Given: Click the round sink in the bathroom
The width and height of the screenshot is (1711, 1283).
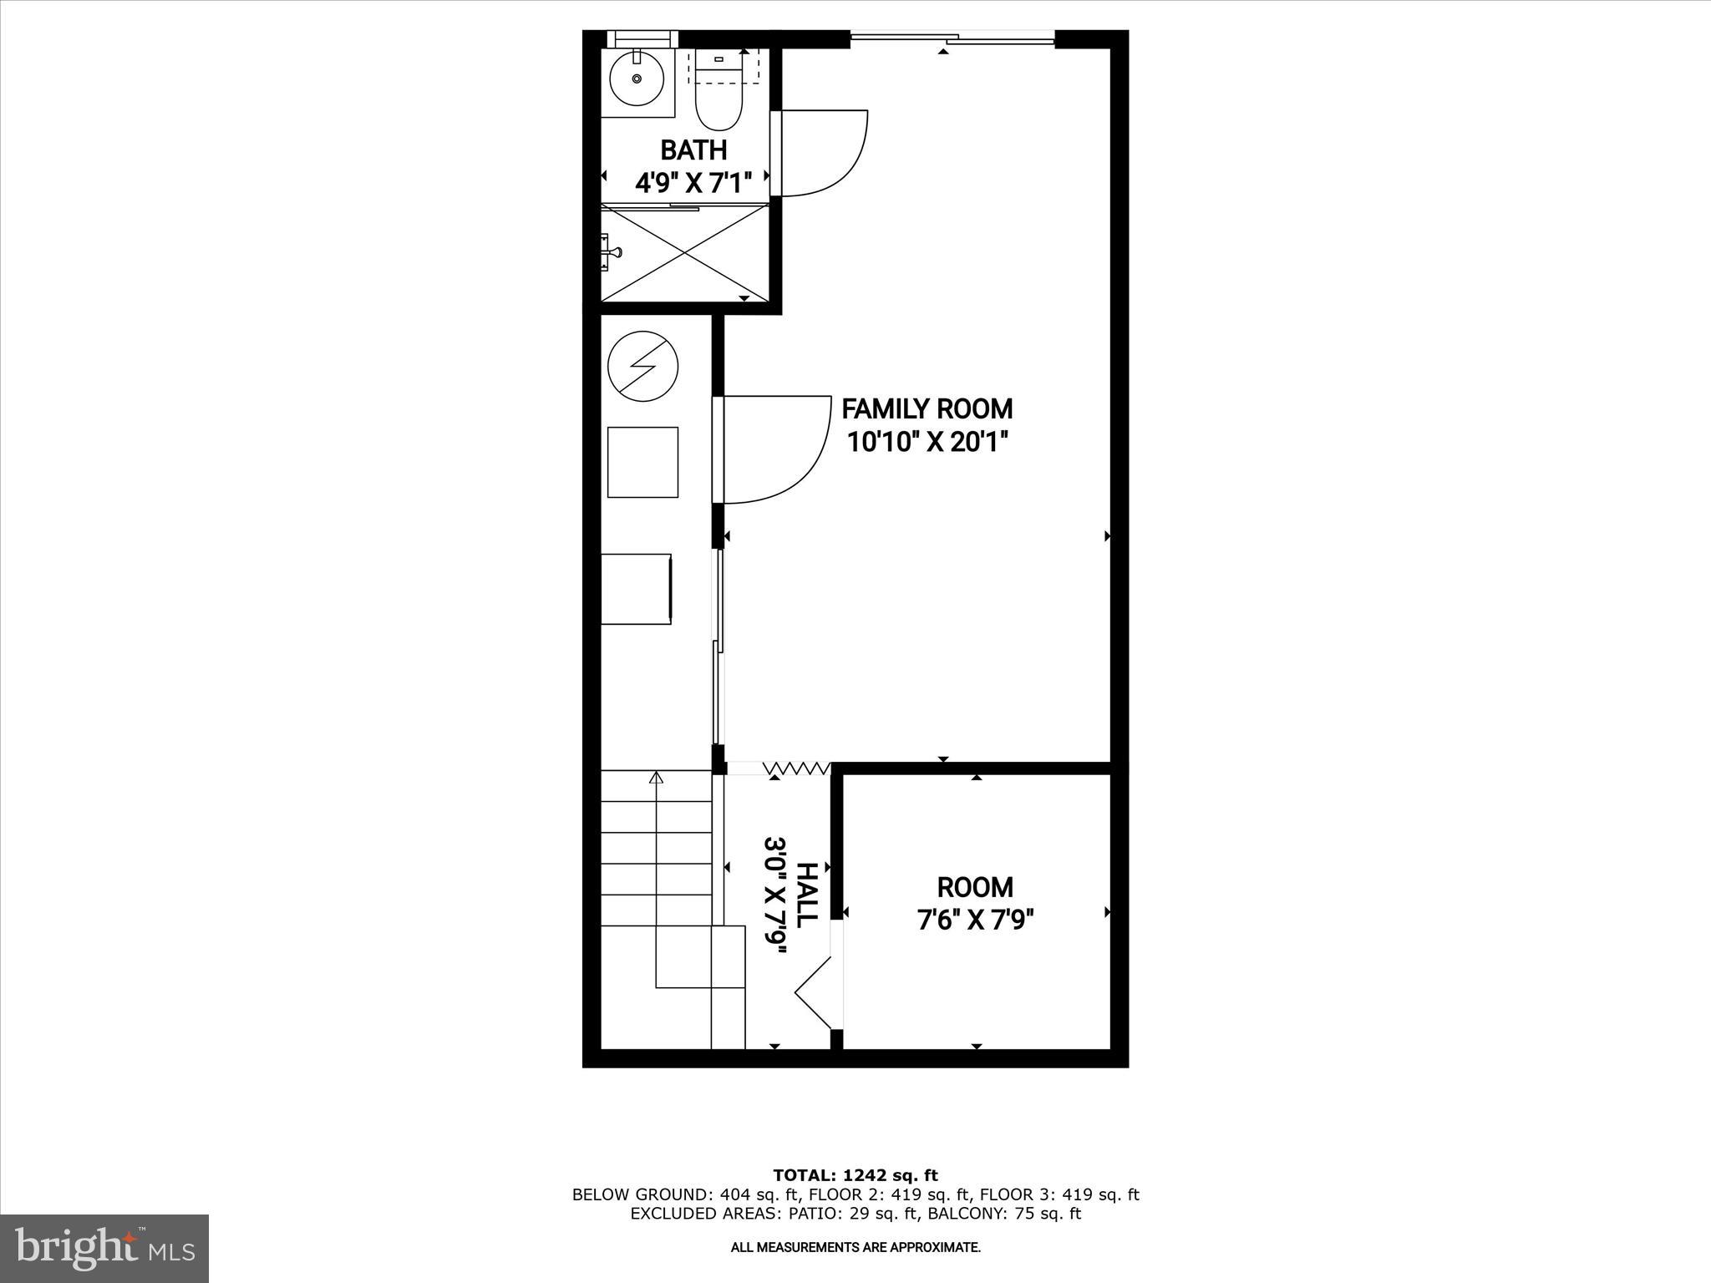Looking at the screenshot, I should [x=637, y=79].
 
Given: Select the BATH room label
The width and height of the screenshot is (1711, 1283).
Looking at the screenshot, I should [x=693, y=150].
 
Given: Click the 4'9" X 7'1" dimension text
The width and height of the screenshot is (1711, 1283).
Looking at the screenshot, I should [x=693, y=182].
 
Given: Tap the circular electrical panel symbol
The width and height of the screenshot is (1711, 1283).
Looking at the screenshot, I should [x=642, y=366].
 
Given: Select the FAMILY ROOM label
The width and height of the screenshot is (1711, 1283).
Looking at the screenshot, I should [x=927, y=409].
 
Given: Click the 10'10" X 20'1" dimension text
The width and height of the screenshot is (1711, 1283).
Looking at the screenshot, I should [x=927, y=442].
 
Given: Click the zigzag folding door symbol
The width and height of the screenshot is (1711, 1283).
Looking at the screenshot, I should [x=797, y=768].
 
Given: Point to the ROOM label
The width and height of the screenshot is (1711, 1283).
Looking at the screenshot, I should [x=975, y=887].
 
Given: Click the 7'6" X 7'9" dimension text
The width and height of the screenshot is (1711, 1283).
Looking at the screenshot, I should [x=975, y=920].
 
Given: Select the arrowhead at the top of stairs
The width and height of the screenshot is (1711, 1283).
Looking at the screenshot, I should [x=657, y=778].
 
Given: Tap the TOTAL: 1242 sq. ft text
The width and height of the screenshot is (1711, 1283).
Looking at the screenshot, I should [x=855, y=1175].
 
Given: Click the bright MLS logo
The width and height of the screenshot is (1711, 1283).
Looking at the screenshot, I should [x=104, y=1248].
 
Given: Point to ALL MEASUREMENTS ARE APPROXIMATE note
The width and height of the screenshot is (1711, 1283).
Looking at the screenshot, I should [x=855, y=1248].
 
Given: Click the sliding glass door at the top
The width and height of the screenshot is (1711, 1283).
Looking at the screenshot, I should [x=952, y=37].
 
